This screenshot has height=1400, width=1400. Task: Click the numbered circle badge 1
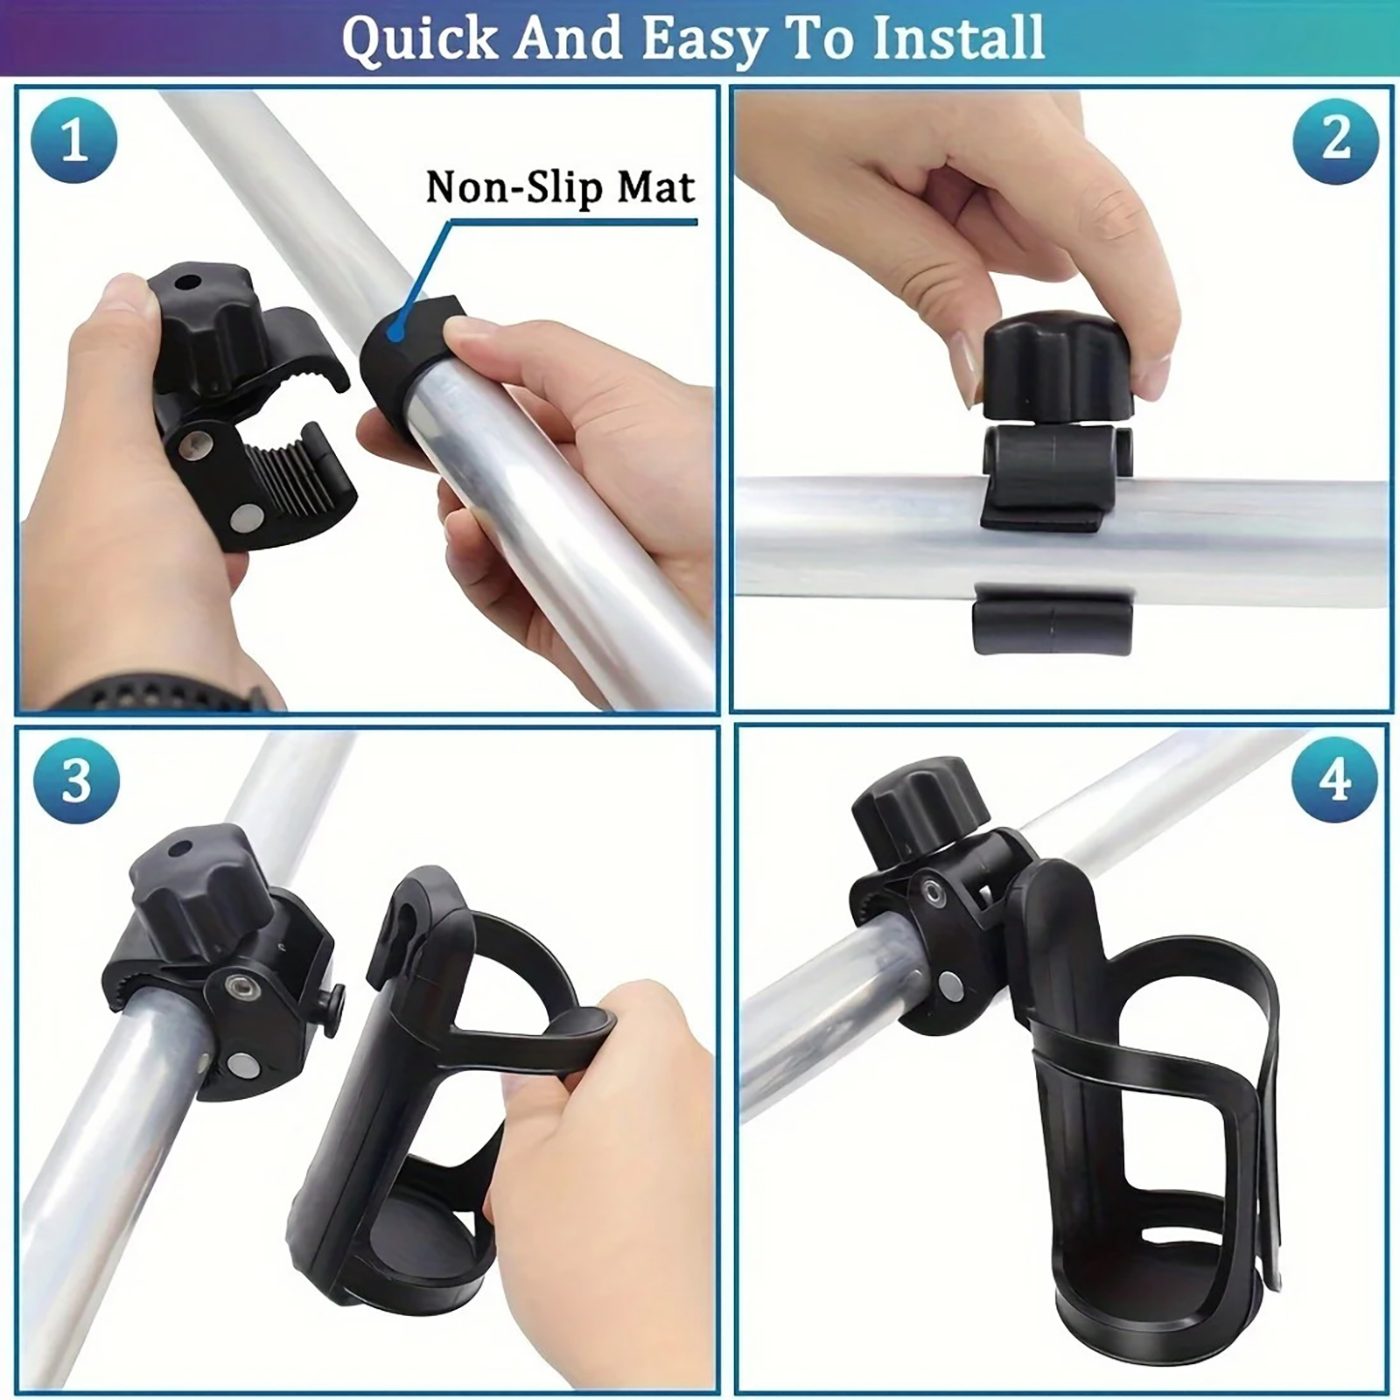[73, 141]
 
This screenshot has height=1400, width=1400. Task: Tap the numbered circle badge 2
[1336, 141]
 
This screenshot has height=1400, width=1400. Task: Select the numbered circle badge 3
[76, 781]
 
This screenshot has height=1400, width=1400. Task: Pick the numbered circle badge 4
[1334, 780]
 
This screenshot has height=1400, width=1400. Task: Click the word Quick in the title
[420, 38]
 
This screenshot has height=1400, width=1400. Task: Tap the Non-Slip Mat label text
[560, 187]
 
